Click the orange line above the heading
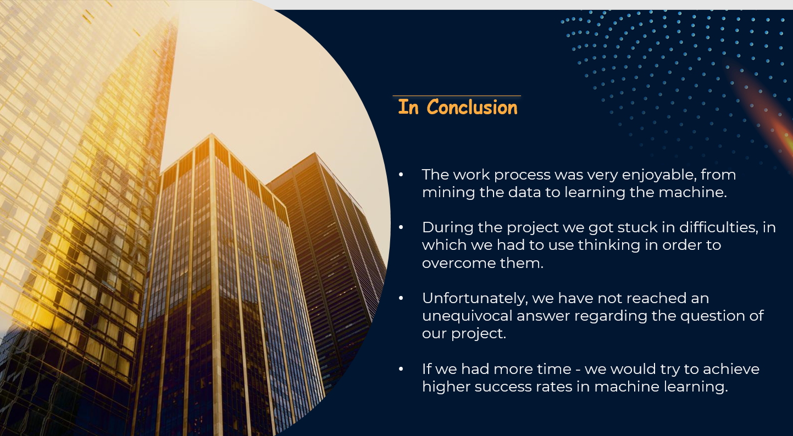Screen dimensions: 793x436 [x=457, y=96]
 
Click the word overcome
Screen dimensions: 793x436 [x=458, y=264]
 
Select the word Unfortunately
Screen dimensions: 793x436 [x=475, y=299]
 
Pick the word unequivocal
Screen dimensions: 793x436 [x=467, y=316]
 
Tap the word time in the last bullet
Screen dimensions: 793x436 [x=554, y=369]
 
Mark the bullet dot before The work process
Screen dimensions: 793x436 [x=401, y=175]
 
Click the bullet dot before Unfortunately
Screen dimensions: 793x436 [x=401, y=299]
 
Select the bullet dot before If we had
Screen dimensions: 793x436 [x=401, y=369]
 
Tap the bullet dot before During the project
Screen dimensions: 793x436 [x=401, y=227]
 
